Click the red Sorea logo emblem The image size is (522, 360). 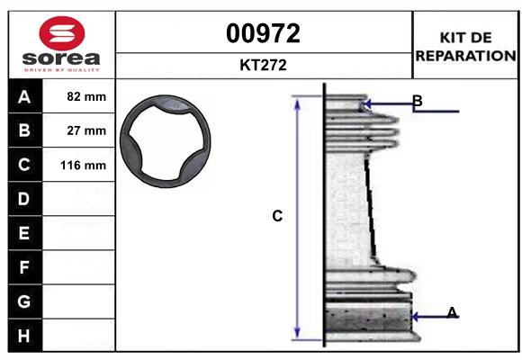(x=61, y=33)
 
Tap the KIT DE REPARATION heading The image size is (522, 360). (x=464, y=45)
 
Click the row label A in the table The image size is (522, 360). (x=24, y=96)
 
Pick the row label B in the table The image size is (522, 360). (x=24, y=130)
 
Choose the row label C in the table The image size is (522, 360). (x=24, y=165)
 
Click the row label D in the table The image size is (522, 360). (x=24, y=199)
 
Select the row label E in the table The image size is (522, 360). (x=24, y=233)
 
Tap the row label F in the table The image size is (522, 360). (x=24, y=267)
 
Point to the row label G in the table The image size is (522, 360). (x=24, y=301)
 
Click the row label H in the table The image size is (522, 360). (x=24, y=336)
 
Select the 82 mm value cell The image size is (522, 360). (x=79, y=96)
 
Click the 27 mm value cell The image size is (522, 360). (x=79, y=130)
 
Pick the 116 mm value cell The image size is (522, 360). (x=79, y=165)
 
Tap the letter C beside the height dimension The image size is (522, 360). (x=277, y=216)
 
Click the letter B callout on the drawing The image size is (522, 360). (x=417, y=100)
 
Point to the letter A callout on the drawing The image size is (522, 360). (x=452, y=312)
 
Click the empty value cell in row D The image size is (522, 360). (x=79, y=199)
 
